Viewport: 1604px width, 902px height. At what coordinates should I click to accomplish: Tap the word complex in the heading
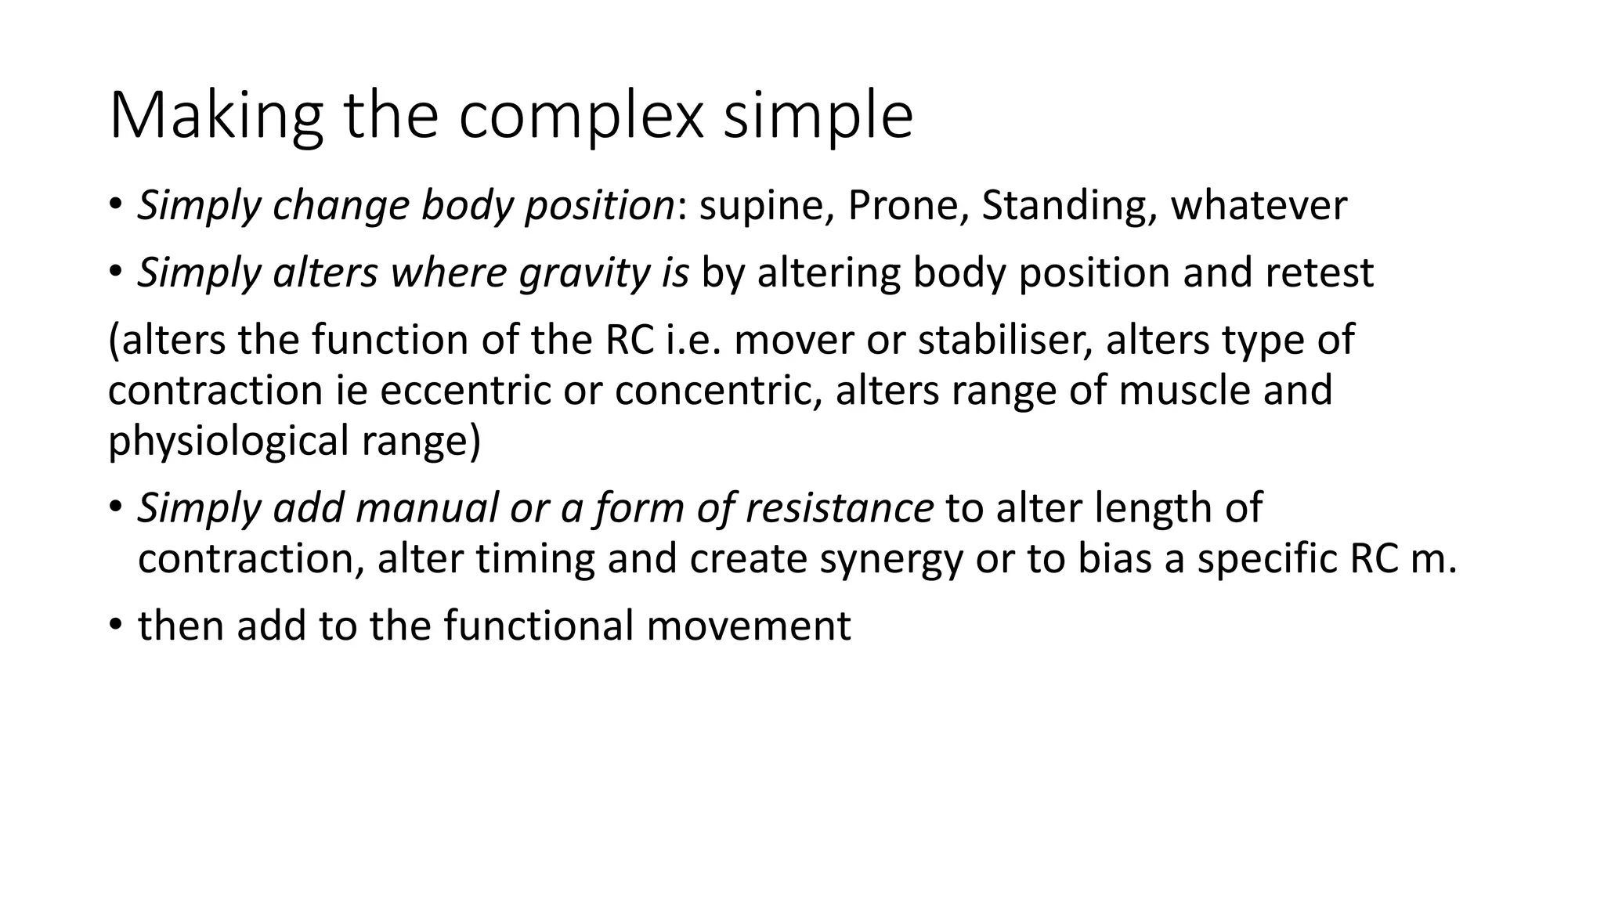pos(580,116)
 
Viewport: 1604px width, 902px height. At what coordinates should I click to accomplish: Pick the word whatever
pos(1259,206)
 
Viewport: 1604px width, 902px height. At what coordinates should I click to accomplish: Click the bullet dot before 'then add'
pos(115,625)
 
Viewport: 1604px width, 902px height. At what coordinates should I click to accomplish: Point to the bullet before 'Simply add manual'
pos(115,507)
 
